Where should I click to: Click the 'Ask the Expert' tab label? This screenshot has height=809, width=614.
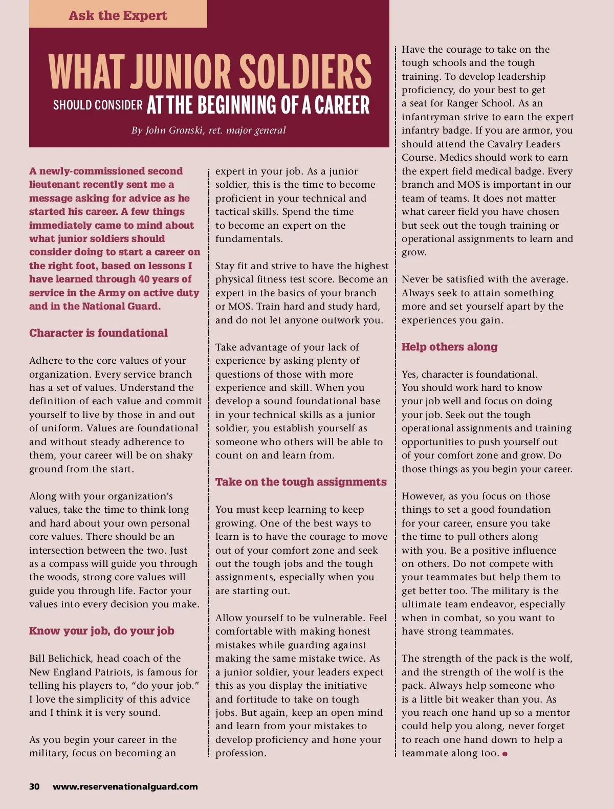pyautogui.click(x=118, y=15)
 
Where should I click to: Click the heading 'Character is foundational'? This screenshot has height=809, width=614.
pyautogui.click(x=98, y=333)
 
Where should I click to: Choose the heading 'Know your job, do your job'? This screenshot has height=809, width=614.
pyautogui.click(x=101, y=631)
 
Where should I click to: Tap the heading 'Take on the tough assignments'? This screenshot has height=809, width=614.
pyautogui.click(x=301, y=482)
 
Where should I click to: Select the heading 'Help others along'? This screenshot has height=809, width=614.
pyautogui.click(x=449, y=347)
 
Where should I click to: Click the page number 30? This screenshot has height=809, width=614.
pyautogui.click(x=34, y=786)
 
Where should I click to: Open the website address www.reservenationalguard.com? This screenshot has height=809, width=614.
pyautogui.click(x=125, y=786)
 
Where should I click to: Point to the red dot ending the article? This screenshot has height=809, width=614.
pyautogui.click(x=505, y=754)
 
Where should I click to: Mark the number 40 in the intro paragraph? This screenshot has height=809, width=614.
pyautogui.click(x=144, y=279)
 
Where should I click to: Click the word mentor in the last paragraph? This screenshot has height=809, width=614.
pyautogui.click(x=553, y=713)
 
